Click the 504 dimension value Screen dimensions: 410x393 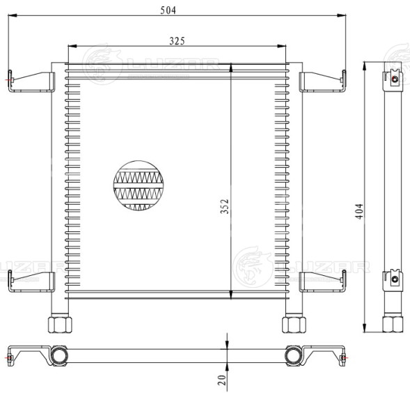click(168, 10)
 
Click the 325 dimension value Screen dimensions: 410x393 click(177, 41)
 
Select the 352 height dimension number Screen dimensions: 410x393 click(224, 206)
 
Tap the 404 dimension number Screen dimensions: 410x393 click(359, 212)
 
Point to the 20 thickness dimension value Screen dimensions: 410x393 click(222, 380)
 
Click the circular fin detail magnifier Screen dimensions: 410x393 click(139, 185)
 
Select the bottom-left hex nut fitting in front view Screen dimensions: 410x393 click(60, 325)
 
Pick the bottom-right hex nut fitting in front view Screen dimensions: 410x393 click(294, 325)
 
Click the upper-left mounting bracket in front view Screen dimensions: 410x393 click(31, 82)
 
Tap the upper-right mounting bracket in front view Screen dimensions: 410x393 click(322, 82)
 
